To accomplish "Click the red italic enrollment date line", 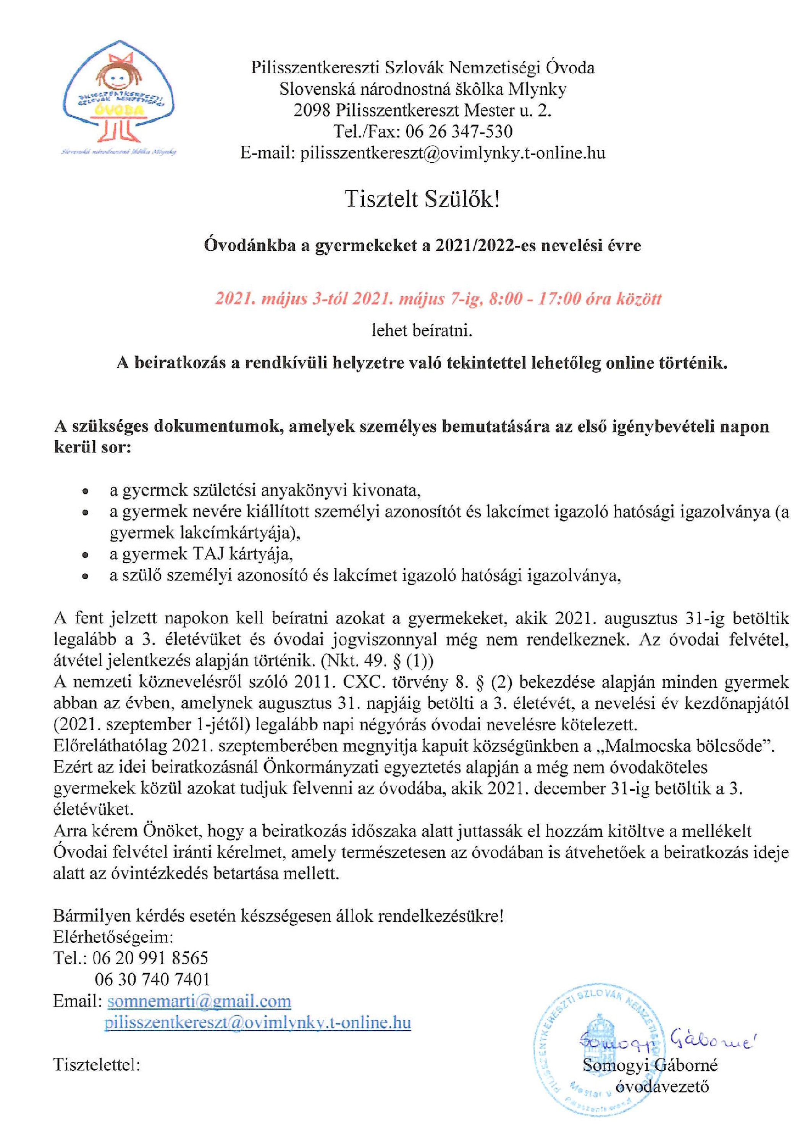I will tap(438, 299).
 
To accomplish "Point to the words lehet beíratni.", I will tap(422, 331).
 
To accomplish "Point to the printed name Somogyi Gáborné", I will tap(651, 1061).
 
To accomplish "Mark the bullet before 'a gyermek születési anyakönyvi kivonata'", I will tap(86, 491).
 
